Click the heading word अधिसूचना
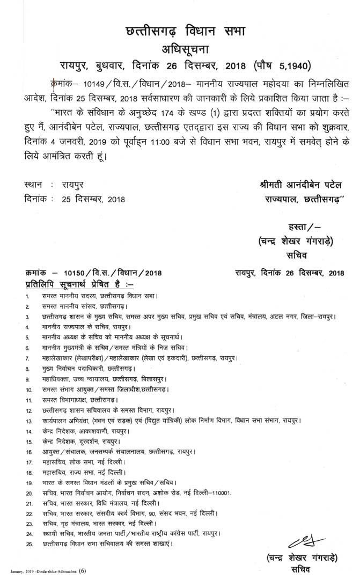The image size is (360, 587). pos(180,51)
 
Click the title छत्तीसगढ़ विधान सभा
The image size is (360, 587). pos(180,32)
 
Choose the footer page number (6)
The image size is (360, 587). pos(82,571)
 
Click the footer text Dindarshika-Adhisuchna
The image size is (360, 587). pos(54,572)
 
